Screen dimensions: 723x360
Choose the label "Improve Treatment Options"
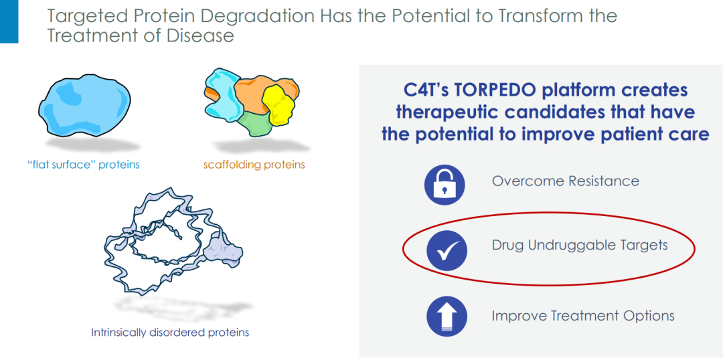(583, 317)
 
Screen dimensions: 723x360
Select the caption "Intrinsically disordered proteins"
(170, 332)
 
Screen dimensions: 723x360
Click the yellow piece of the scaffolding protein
(278, 106)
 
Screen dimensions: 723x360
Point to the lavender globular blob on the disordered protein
(224, 250)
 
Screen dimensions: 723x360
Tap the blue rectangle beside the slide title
(9, 21)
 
